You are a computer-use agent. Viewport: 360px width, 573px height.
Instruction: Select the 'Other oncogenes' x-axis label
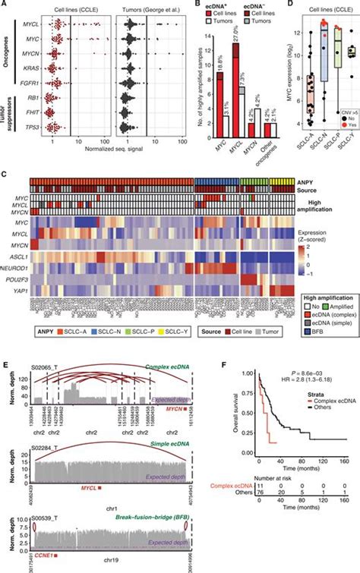point(273,145)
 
